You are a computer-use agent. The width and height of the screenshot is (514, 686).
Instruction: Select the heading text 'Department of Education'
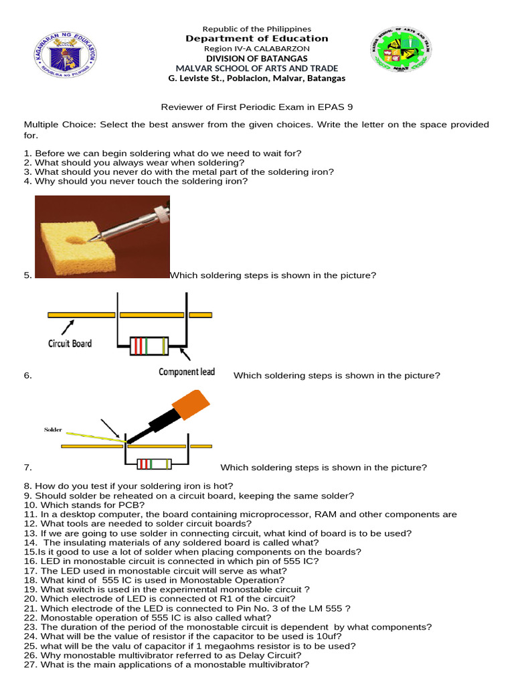pyautogui.click(x=257, y=39)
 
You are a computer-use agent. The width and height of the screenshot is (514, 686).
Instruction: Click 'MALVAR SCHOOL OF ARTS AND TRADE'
pyautogui.click(x=257, y=68)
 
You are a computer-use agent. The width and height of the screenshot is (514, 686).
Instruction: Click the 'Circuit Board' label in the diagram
pyautogui.click(x=70, y=344)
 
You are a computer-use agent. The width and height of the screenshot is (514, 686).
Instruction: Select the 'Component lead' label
pyautogui.click(x=187, y=372)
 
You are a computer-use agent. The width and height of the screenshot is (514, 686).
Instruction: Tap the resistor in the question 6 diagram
pyautogui.click(x=149, y=346)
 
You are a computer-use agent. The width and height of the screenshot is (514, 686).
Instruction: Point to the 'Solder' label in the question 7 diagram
pyautogui.click(x=53, y=429)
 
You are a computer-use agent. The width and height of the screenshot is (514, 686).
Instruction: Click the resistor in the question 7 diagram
pyautogui.click(x=153, y=464)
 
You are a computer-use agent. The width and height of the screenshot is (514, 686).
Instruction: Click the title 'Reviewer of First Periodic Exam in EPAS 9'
pyautogui.click(x=257, y=107)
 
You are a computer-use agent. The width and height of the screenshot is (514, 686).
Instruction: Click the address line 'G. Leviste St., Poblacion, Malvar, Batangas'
pyautogui.click(x=257, y=78)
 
